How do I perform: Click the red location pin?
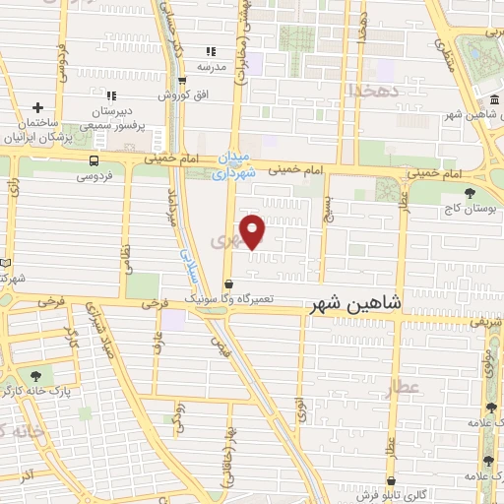(253, 230)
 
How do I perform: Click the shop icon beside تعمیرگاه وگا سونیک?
(229, 284)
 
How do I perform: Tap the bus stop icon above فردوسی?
(94, 160)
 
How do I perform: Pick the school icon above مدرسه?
(209, 51)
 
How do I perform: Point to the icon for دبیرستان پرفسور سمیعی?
(111, 95)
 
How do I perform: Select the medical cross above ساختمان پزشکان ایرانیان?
(37, 107)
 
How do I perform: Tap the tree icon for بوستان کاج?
(469, 193)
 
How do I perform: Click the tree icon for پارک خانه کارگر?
(37, 375)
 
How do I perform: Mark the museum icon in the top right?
(492, 102)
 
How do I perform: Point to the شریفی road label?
(485, 322)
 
